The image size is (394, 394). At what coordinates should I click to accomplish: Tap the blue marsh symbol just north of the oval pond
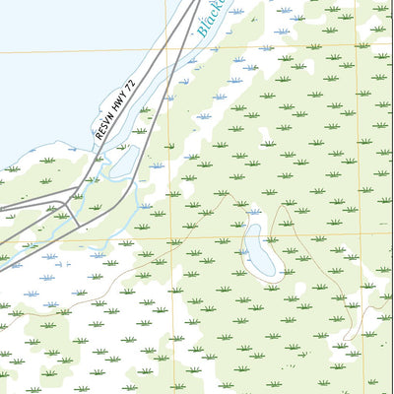coord(255,211)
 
